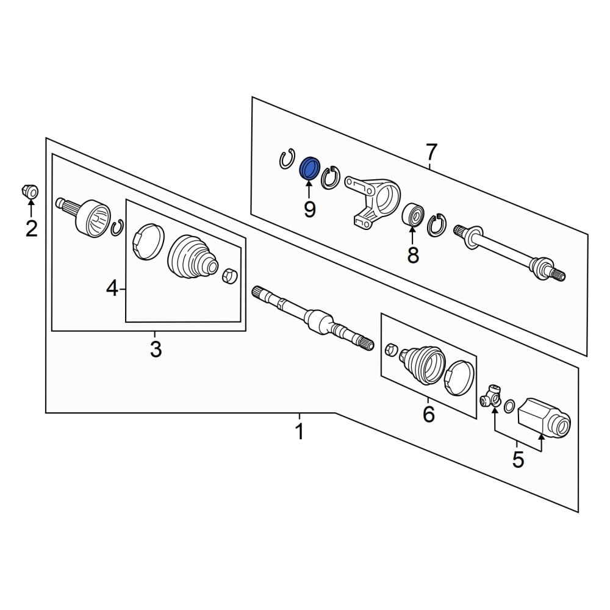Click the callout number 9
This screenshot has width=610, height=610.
310,210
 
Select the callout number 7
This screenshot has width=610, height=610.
431,152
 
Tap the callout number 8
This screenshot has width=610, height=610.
413,255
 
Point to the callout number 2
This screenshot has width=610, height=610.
32,229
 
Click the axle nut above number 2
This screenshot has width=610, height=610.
30,191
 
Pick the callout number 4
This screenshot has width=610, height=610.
112,289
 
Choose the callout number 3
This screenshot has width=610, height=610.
156,350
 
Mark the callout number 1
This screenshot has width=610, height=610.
299,431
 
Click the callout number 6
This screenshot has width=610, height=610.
428,414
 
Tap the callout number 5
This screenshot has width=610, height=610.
518,460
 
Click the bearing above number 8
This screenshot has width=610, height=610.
413,215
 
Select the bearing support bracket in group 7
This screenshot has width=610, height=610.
372,199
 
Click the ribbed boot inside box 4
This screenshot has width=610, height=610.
192,257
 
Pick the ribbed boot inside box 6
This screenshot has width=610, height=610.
423,364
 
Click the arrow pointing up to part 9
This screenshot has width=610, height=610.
309,190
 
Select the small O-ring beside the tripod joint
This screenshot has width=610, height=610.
509,407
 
